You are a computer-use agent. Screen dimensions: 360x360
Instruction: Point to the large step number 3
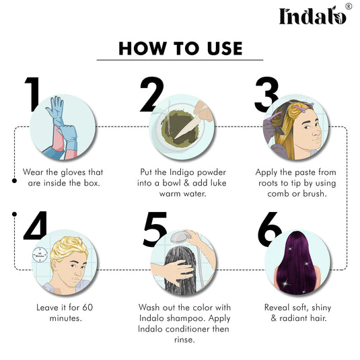coord(268,94)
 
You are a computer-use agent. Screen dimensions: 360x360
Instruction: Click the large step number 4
coord(34,225)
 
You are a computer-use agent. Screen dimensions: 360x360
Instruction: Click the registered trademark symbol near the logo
coord(349,6)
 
